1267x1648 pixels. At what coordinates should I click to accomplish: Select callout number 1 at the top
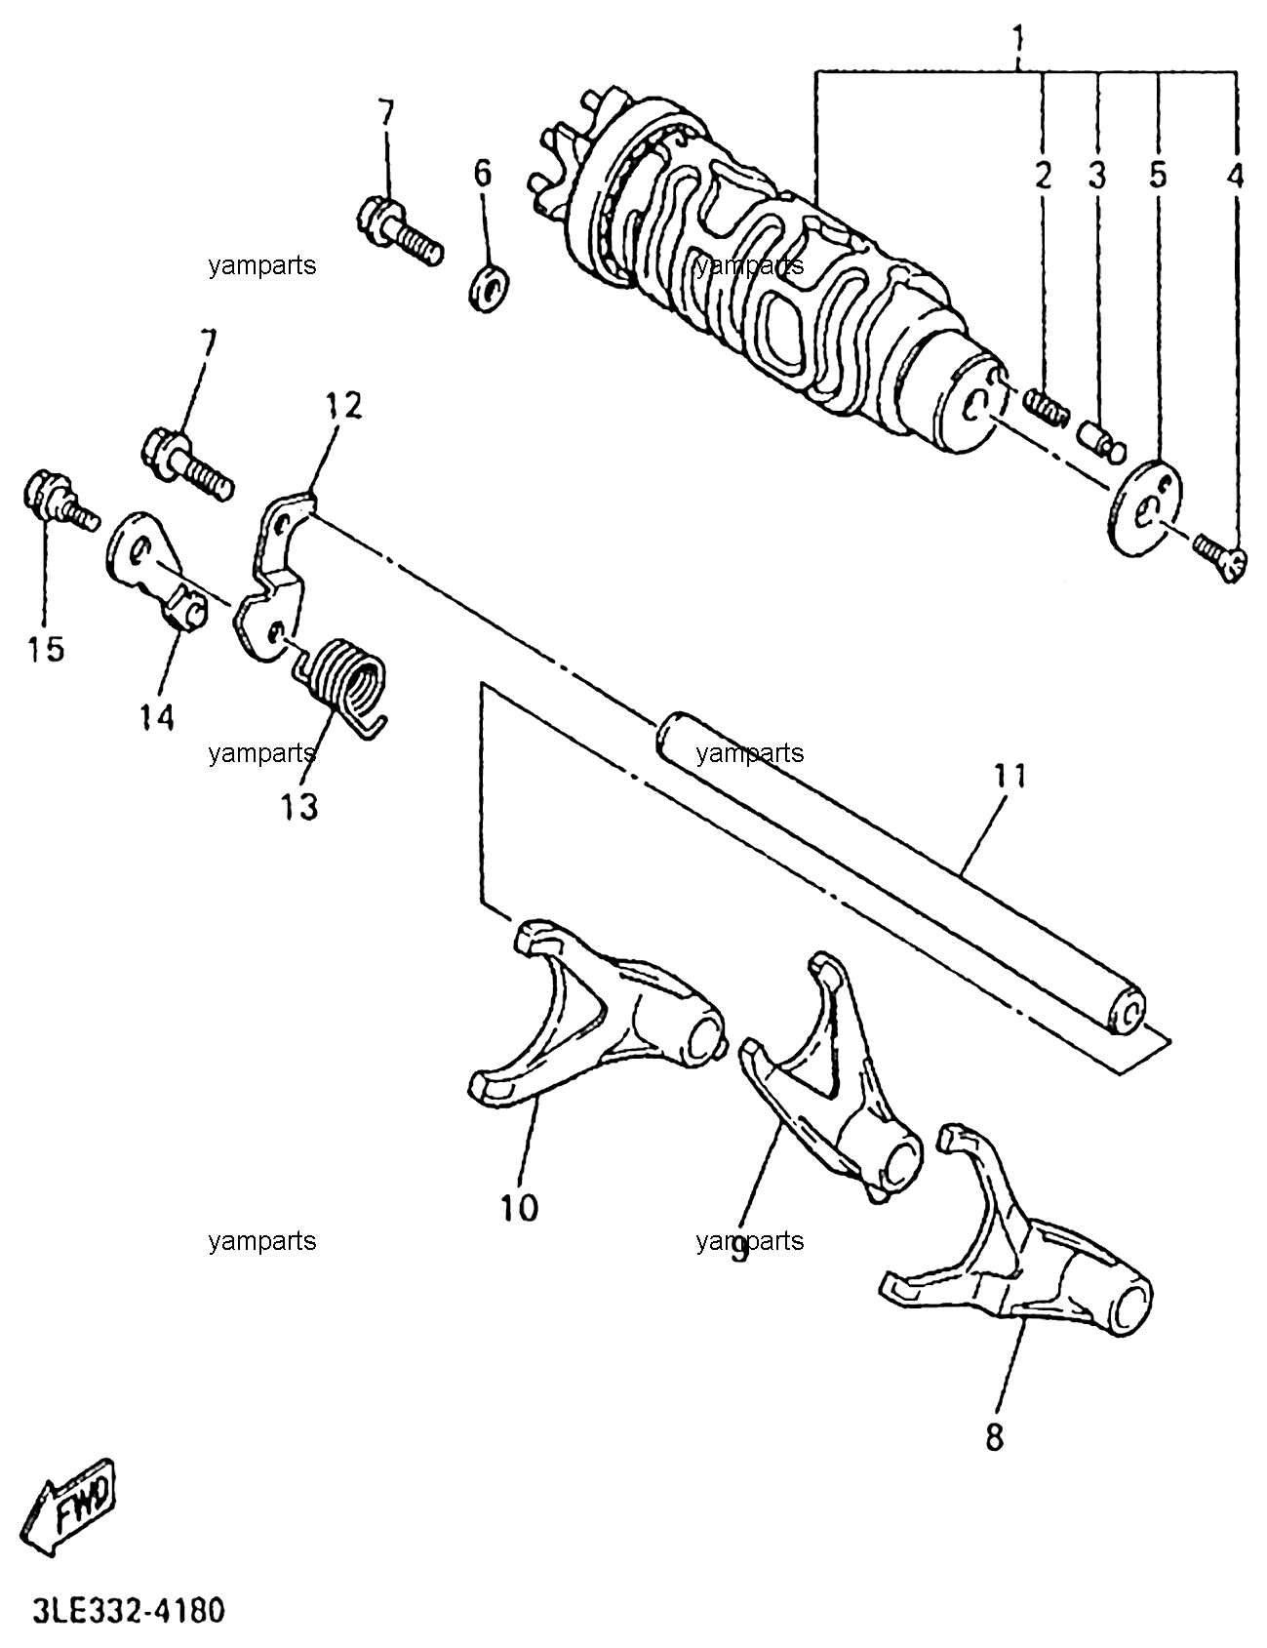point(1019,41)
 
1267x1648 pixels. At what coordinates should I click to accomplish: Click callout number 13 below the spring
point(301,806)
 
